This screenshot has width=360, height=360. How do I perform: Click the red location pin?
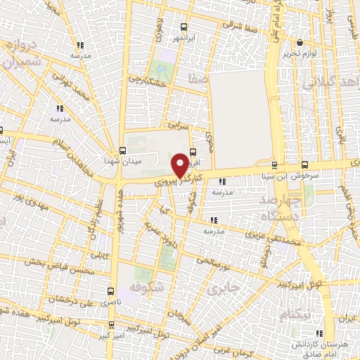pos(180,165)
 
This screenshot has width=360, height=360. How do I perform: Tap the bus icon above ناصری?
pos(110,290)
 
